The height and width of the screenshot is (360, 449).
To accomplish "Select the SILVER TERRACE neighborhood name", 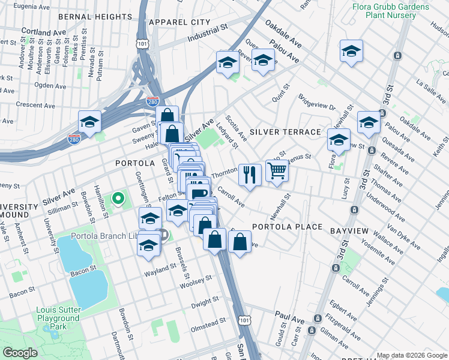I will [285, 131].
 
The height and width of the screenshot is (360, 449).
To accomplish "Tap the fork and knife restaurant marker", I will [250, 175].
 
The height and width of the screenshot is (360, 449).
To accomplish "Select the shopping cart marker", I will [277, 170].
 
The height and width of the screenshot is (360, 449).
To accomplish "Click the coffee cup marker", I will [198, 193].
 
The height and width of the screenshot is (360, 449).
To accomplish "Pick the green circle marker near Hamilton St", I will [118, 197].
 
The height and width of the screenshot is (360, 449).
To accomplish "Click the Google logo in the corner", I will [20, 352].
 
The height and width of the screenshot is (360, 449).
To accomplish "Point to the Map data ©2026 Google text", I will [411, 355].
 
